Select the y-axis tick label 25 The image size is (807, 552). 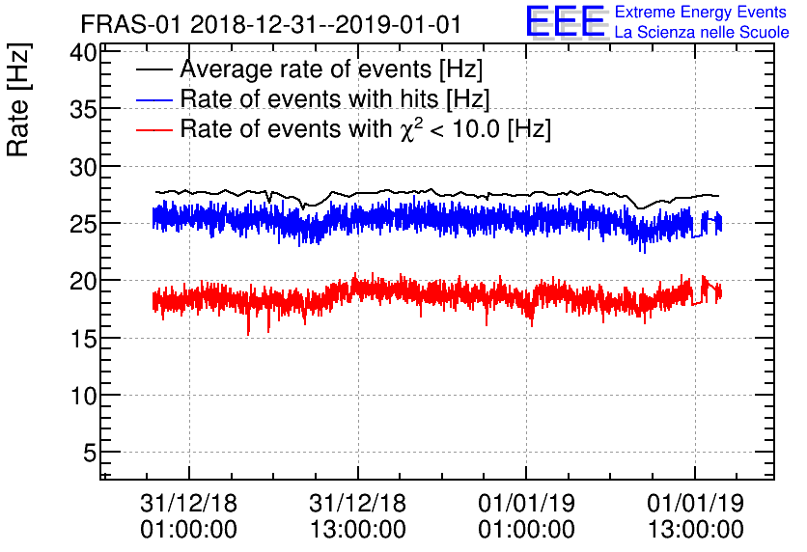82,224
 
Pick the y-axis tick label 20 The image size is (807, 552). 82,281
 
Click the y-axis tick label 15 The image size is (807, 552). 82,338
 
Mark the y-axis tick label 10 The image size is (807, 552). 82,395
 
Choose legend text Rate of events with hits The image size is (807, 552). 334,99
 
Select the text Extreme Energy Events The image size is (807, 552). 700,13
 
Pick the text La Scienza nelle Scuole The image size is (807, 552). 702,33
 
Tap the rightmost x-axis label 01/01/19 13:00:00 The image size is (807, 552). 694,516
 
